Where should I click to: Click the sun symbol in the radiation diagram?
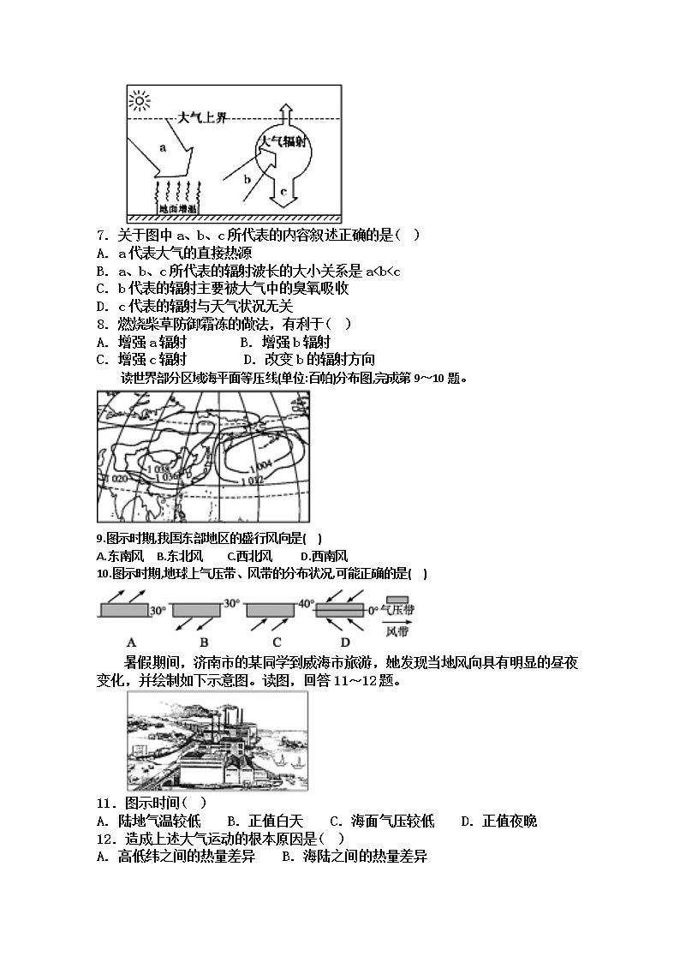click(140, 100)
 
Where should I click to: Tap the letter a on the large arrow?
click(163, 146)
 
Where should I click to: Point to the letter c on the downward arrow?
click(283, 192)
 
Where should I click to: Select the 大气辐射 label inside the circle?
click(283, 141)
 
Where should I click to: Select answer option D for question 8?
click(308, 360)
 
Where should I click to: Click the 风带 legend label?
click(397, 632)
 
